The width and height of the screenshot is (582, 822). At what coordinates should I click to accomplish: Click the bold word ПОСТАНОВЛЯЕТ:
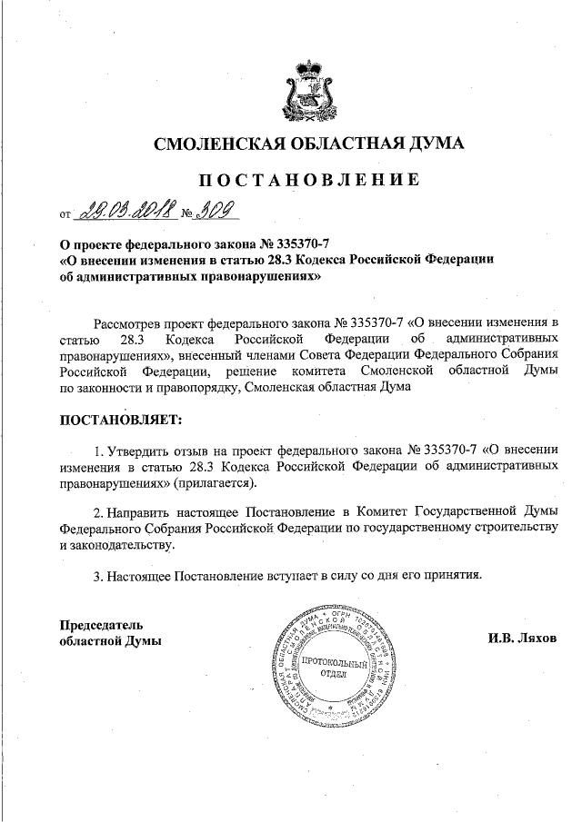(x=120, y=421)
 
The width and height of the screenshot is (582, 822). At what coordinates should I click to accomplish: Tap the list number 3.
(x=98, y=575)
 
